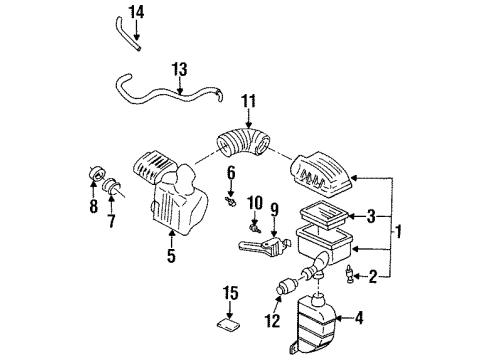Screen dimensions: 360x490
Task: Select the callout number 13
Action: pyautogui.click(x=180, y=69)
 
